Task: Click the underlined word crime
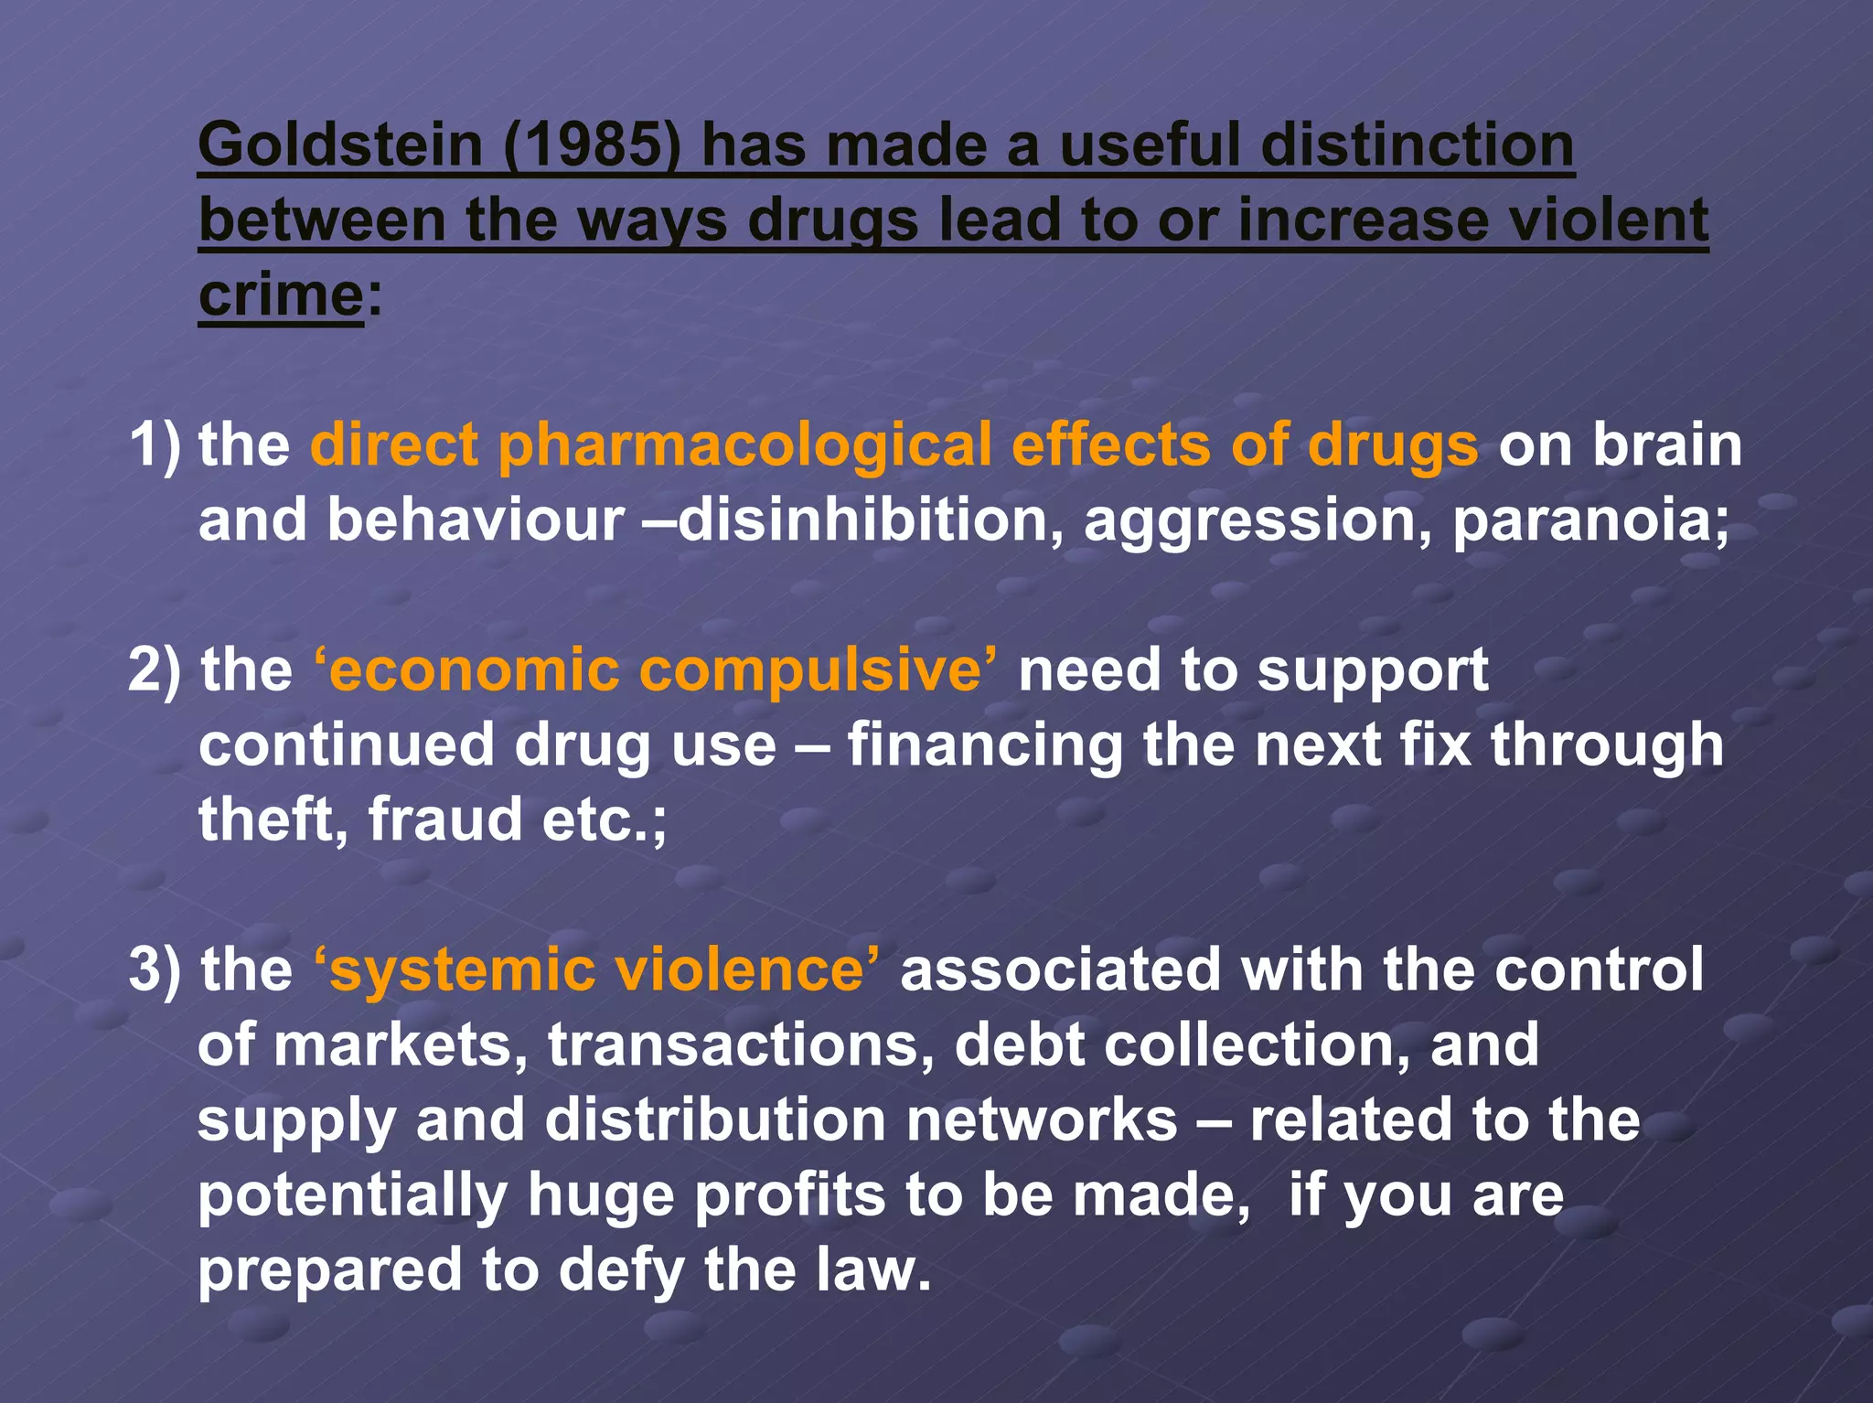(281, 296)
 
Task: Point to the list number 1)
(156, 446)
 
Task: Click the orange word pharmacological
(744, 446)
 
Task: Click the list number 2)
(156, 670)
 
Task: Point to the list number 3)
(156, 969)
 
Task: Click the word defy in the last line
(620, 1271)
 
